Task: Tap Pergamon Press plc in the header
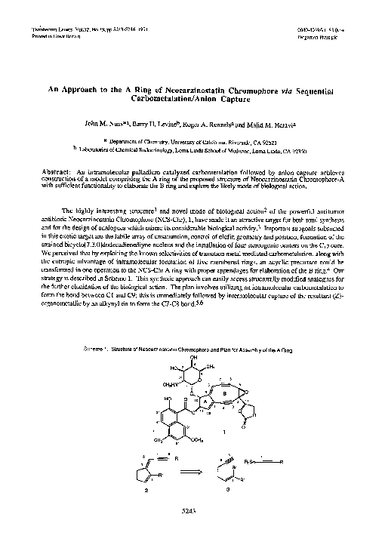coord(317,35)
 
